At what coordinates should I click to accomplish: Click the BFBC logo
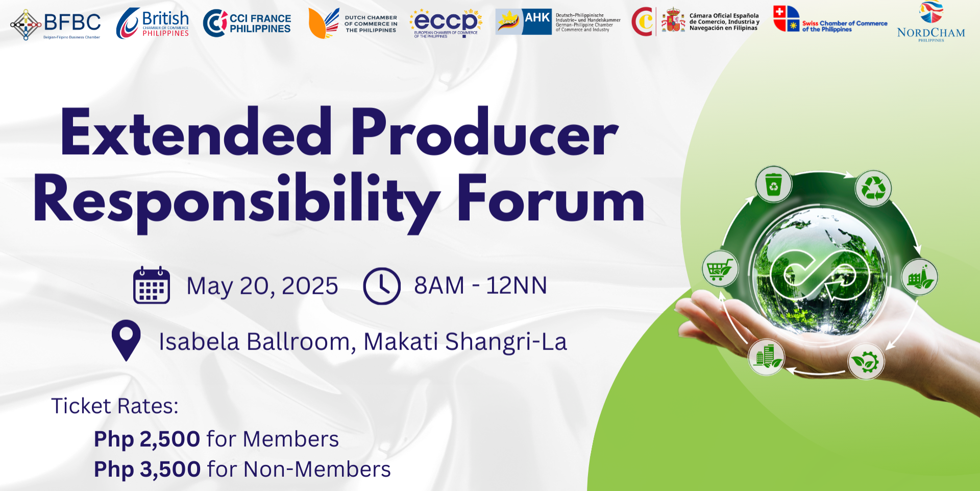coord(56,24)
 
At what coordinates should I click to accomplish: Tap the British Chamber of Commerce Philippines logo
coord(153,24)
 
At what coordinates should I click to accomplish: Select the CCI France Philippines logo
coord(247,23)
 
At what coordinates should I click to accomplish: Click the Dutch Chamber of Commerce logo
coord(353,24)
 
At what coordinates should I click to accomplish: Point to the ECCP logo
coord(446,23)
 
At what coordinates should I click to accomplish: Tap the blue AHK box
coord(537,21)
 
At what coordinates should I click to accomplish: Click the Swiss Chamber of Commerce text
coord(844,26)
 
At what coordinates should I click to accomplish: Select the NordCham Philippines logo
coord(931,21)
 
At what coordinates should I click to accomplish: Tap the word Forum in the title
coord(551,199)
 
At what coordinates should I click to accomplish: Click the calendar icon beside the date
coord(152,285)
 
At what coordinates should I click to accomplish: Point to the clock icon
coord(382,286)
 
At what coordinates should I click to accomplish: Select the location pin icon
coord(126,340)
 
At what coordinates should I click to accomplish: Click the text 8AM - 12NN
coord(480,285)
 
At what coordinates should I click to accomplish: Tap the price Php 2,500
coord(147,439)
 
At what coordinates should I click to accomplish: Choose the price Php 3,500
coord(147,469)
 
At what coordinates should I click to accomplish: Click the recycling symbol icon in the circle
coord(873,188)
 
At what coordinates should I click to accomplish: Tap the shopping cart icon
coord(720,268)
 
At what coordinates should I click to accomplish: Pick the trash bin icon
coord(774,184)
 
